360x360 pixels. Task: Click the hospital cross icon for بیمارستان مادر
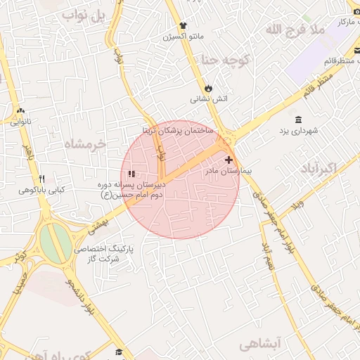[229, 160]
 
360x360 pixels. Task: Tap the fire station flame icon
[209, 87]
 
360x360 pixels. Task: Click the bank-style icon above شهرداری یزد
[299, 118]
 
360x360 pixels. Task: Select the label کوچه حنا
[226, 60]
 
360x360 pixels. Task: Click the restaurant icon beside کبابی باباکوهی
[41, 179]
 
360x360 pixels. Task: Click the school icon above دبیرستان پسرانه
[131, 174]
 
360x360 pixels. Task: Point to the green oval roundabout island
[55, 241]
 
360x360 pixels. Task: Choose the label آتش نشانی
[210, 99]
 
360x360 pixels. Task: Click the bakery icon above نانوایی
[20, 110]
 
